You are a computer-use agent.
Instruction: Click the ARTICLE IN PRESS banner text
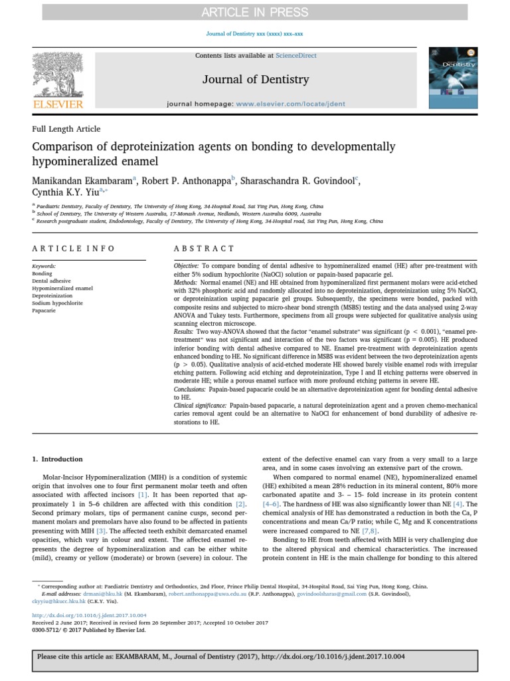tap(255, 12)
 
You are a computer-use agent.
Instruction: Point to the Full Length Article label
tap(66, 129)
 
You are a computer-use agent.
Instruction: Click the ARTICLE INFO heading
tap(74, 248)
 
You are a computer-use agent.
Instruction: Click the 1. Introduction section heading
tap(58, 459)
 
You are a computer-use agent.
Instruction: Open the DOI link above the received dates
tap(90, 615)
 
